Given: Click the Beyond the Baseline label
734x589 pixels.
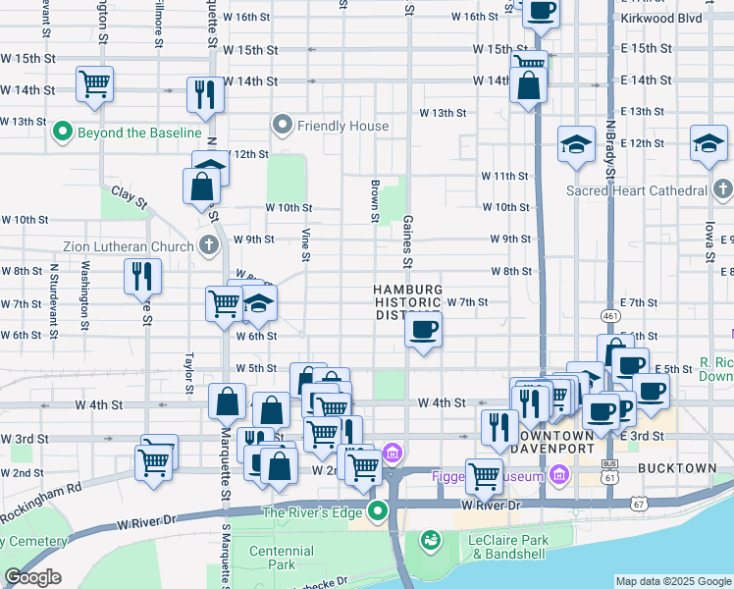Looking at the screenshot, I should [139, 132].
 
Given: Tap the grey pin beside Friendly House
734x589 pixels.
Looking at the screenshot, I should [284, 125].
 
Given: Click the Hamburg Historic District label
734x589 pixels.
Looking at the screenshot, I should [408, 302].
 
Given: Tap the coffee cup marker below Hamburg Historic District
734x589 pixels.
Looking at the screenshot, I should [424, 330].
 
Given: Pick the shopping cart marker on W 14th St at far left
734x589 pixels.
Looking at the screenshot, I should [94, 83].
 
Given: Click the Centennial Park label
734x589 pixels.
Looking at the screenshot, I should [282, 558].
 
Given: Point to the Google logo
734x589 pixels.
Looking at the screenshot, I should [32, 577].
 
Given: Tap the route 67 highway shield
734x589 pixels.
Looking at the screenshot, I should [640, 504].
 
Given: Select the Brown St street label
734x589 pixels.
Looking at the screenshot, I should [375, 201].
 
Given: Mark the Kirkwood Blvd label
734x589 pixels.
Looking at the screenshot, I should [662, 18].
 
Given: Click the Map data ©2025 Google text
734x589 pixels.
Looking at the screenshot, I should [672, 581].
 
